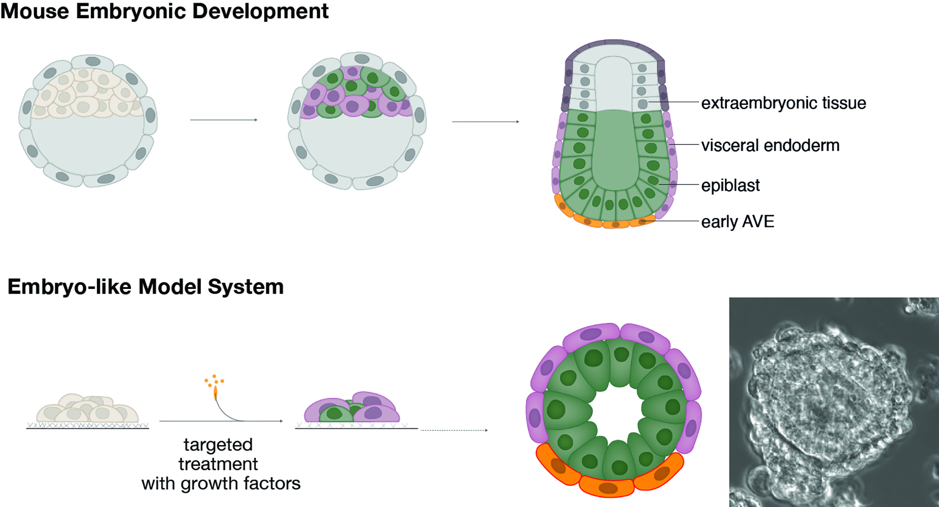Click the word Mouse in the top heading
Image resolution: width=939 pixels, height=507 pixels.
[34, 11]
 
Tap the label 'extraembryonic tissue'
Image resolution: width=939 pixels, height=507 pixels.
[783, 103]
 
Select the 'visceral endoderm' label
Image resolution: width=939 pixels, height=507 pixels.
[770, 146]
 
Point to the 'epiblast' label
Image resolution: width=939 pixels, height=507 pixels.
[730, 186]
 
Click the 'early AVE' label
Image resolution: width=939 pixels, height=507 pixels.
[737, 222]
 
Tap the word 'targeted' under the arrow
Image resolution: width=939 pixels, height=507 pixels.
[218, 445]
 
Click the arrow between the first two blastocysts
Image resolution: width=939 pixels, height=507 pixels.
[224, 120]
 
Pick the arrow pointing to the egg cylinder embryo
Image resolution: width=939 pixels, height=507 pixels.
[485, 122]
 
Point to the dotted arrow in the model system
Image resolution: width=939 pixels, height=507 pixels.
[454, 430]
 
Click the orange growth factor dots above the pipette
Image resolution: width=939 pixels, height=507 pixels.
[214, 380]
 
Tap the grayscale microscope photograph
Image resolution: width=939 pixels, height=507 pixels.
[833, 402]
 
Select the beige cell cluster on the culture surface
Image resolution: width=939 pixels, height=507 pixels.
[87, 409]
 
